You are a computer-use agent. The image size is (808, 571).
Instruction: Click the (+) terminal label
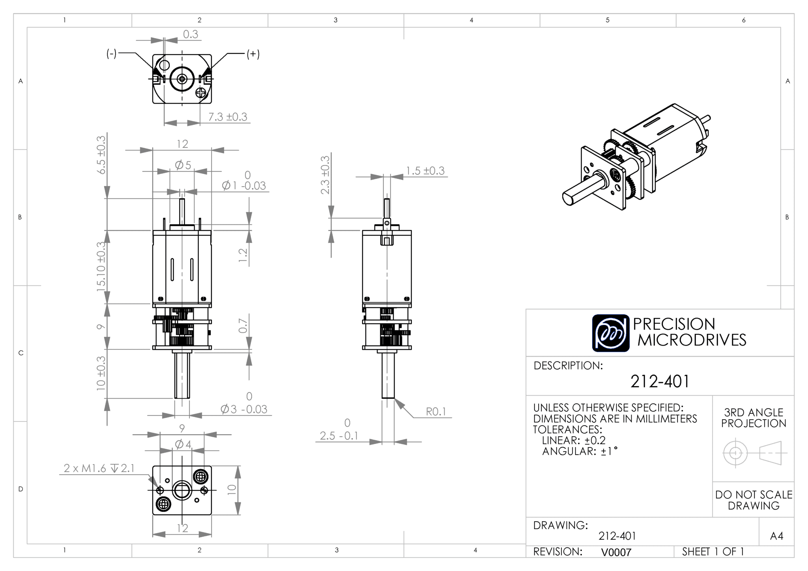pyautogui.click(x=253, y=54)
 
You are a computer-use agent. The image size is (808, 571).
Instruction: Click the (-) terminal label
pyautogui.click(x=112, y=54)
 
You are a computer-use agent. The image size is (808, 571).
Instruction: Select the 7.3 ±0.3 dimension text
pyautogui.click(x=228, y=117)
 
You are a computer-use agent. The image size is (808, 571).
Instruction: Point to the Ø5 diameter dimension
pyautogui.click(x=183, y=165)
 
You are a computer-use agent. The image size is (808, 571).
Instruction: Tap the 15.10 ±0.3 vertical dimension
pyautogui.click(x=101, y=267)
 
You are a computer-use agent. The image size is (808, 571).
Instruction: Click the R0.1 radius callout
pyautogui.click(x=436, y=412)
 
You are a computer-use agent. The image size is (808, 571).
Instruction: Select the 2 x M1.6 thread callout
pyautogui.click(x=99, y=468)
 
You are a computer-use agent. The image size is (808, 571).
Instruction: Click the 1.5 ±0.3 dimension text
pyautogui.click(x=425, y=171)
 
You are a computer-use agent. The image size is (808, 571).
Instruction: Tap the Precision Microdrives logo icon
pyautogui.click(x=611, y=333)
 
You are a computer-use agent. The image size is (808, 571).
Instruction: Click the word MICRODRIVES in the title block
pyautogui.click(x=692, y=340)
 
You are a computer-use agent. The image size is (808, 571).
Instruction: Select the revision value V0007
pyautogui.click(x=616, y=552)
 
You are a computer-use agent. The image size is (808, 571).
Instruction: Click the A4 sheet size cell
pyautogui.click(x=776, y=536)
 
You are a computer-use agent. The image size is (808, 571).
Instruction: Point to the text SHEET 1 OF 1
pyautogui.click(x=713, y=552)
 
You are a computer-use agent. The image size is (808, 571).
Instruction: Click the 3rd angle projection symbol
pyautogui.click(x=754, y=453)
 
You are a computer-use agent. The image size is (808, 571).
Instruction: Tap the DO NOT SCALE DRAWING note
pyautogui.click(x=754, y=500)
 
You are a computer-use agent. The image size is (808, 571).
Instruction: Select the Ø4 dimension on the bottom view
pyautogui.click(x=183, y=444)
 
